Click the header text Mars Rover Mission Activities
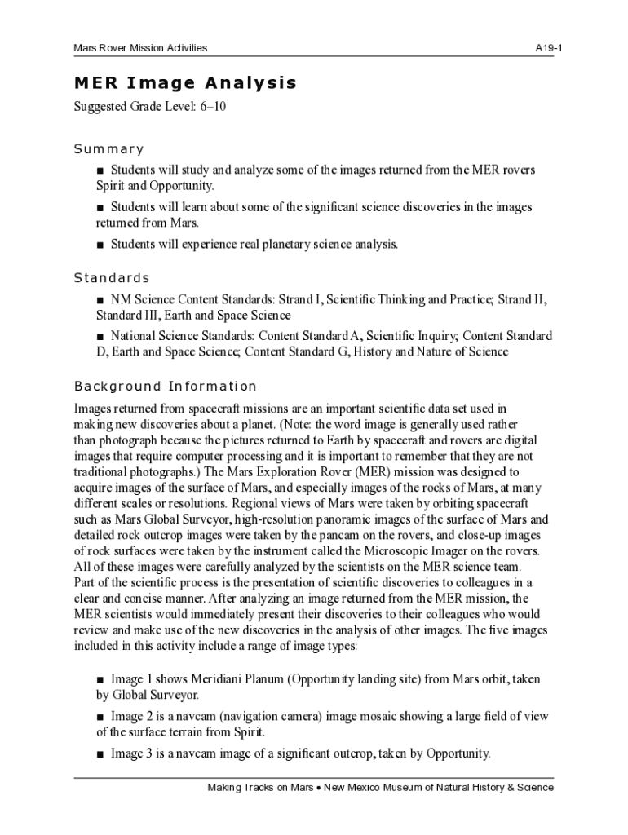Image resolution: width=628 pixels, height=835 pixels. point(140,48)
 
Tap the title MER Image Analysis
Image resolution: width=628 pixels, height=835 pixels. point(185,83)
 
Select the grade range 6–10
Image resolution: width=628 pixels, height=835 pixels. point(212,107)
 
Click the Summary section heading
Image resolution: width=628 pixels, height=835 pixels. point(108,149)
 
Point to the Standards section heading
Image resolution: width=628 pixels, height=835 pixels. point(112,278)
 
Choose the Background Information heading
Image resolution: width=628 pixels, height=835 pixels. point(165,387)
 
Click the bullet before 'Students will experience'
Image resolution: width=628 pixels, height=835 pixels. point(100,245)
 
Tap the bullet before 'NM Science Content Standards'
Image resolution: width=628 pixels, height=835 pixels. point(100,300)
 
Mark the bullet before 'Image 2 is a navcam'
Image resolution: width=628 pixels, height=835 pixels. point(100,717)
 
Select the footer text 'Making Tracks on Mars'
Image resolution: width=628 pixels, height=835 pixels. point(260,788)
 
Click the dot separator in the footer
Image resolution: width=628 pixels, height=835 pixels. point(320,789)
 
